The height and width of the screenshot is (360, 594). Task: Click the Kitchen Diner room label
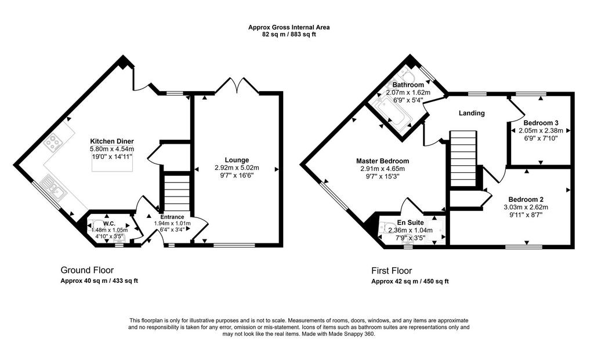point(112,141)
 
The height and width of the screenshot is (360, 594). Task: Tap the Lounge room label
point(237,160)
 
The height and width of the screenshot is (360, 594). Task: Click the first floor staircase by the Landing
point(462,158)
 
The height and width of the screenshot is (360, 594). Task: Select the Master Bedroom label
point(382,161)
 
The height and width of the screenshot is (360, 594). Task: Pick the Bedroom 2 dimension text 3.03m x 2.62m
point(526,207)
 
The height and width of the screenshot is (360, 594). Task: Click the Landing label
point(472,113)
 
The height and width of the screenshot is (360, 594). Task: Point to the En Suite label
point(410,223)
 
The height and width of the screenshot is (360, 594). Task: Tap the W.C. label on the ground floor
point(109,224)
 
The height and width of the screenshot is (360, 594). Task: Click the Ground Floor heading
point(87,270)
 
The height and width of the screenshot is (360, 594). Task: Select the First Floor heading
point(392,271)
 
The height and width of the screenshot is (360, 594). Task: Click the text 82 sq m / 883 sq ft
point(289,34)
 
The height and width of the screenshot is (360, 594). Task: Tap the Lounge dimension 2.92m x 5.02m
point(237,168)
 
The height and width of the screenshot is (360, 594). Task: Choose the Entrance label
point(172,217)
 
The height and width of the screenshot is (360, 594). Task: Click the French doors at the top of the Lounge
point(237,86)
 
